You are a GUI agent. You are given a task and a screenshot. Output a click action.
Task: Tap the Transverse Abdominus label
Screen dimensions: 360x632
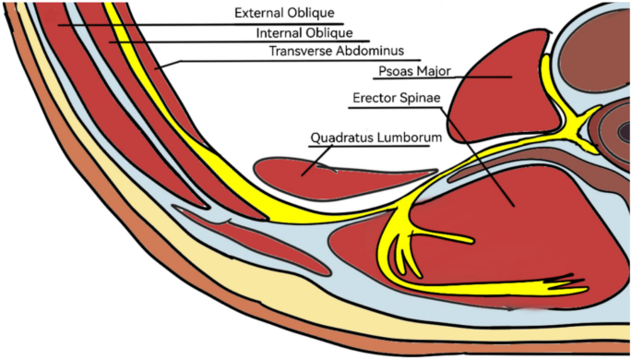pyautogui.click(x=331, y=52)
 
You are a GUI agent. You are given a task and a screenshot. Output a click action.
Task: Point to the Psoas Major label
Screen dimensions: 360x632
pyautogui.click(x=415, y=71)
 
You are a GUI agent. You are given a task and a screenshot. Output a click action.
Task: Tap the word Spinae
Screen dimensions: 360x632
pyautogui.click(x=418, y=97)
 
